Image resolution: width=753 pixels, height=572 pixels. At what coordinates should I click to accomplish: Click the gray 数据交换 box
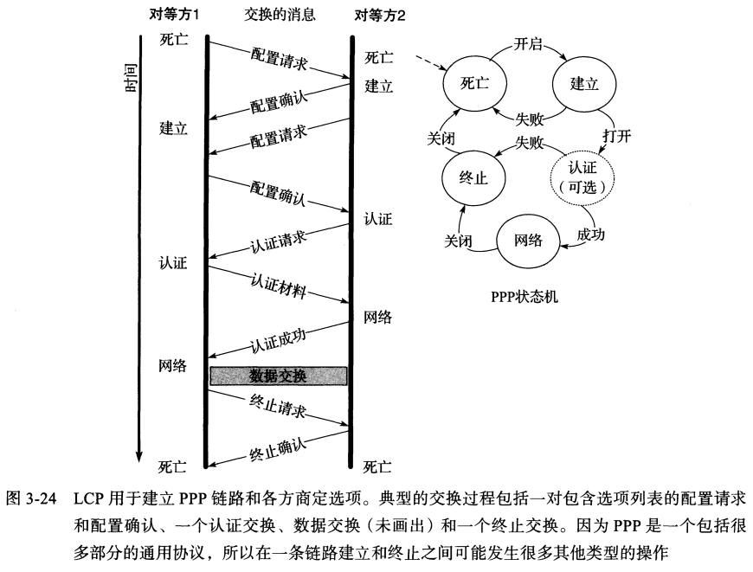tap(278, 376)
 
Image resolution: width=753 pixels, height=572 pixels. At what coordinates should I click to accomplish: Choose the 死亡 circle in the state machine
tap(474, 84)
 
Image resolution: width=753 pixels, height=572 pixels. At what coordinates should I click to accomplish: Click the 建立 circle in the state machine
tap(584, 84)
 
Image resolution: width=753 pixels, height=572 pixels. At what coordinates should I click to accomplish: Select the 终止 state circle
tap(474, 177)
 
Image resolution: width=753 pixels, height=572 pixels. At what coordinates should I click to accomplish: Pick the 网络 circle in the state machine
tap(528, 240)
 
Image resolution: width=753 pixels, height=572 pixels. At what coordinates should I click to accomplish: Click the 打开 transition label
tap(615, 137)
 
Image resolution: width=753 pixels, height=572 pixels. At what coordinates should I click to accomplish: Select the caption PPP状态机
tap(525, 298)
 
